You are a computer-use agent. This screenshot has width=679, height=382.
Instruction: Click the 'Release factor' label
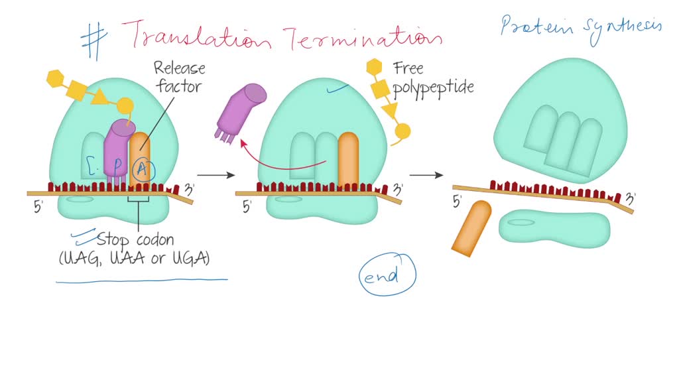(x=179, y=76)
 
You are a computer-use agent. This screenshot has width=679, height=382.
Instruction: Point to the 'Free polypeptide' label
(x=433, y=78)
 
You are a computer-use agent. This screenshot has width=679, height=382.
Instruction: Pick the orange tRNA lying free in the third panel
(x=471, y=227)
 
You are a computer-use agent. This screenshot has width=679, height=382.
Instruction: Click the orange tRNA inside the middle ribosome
(x=348, y=159)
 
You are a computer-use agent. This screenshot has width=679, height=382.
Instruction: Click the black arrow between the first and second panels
(x=216, y=175)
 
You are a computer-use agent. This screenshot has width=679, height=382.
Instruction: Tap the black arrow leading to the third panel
(x=426, y=175)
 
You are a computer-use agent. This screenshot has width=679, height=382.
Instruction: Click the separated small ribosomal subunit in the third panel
(x=554, y=229)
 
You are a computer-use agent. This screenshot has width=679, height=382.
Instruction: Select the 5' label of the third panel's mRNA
(x=457, y=201)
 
